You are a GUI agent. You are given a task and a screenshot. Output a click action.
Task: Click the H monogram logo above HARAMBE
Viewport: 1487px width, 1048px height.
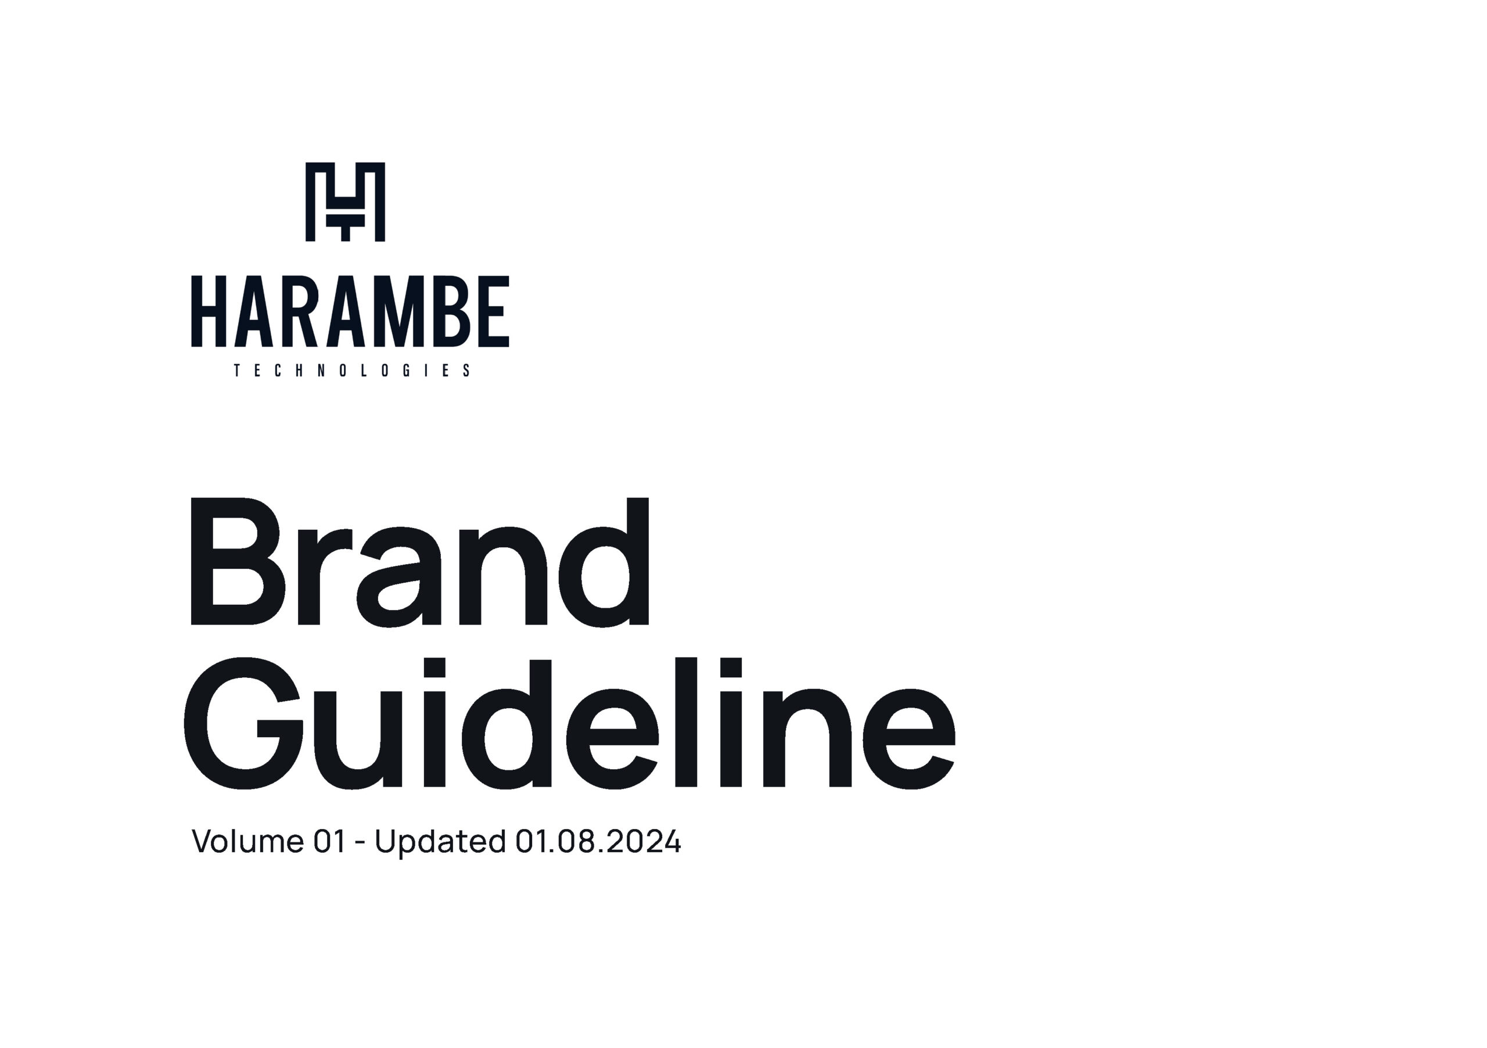[345, 202]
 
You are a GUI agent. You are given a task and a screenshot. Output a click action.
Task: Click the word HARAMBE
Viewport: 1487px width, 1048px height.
[350, 311]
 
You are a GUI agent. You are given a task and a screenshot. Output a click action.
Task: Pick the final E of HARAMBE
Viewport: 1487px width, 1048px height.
[494, 311]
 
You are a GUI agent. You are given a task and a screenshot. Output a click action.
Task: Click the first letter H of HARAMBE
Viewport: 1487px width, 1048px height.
[209, 311]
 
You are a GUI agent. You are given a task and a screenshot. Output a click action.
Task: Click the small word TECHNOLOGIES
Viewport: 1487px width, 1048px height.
[351, 371]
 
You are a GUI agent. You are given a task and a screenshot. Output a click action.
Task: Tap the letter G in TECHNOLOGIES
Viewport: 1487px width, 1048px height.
[406, 371]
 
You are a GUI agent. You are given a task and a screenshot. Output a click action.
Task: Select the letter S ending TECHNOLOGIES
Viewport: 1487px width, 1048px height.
[466, 371]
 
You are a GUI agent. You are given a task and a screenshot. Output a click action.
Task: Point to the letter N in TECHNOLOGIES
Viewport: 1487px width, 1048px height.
[322, 371]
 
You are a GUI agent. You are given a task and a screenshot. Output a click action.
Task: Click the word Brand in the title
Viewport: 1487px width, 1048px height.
[420, 562]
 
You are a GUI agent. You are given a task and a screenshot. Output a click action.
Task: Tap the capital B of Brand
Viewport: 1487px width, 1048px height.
[238, 562]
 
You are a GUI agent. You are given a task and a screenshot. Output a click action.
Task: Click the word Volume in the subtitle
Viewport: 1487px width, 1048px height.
[248, 842]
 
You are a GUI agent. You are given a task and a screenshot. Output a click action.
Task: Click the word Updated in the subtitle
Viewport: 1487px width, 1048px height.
[440, 844]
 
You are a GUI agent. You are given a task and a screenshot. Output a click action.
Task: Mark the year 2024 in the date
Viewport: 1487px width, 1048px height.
[644, 842]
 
